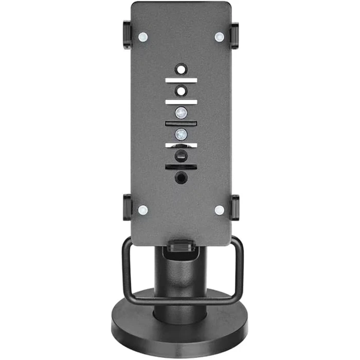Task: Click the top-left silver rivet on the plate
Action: pos(143,37)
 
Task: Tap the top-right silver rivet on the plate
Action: pos(219,37)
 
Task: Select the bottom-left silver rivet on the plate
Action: pos(143,210)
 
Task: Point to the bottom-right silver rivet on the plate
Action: pos(219,210)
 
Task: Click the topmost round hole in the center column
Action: pos(181,69)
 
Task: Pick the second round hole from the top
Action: pos(181,91)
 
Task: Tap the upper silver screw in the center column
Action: pos(181,112)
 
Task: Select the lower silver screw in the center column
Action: pos(181,134)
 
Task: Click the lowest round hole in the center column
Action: pos(181,178)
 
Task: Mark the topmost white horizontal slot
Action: pos(181,80)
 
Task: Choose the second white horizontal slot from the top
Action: pos(181,102)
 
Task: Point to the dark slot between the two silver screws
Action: pos(181,123)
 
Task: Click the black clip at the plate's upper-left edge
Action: pos(127,35)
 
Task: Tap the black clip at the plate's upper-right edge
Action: pos(235,35)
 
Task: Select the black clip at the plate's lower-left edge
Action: pos(127,207)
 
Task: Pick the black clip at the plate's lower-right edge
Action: pos(235,207)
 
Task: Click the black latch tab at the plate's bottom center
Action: pos(181,246)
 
